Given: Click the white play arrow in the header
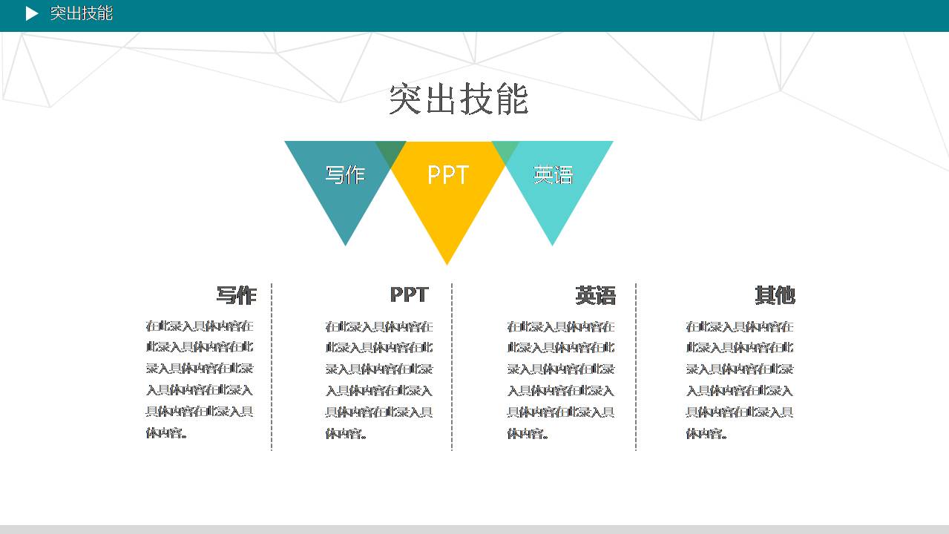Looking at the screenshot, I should (31, 13).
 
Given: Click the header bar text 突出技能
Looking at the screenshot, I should (82, 13).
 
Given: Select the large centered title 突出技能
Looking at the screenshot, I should (459, 99).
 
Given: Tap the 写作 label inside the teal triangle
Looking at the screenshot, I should (345, 175).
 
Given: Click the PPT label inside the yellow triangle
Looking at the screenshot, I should (448, 175).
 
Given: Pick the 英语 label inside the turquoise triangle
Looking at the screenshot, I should (554, 175).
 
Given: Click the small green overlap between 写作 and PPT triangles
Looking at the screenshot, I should (391, 151).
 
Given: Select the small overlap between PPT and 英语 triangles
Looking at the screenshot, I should (505, 151).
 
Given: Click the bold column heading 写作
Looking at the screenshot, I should (236, 295).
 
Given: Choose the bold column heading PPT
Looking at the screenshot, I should (409, 294).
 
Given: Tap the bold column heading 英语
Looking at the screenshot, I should (595, 296).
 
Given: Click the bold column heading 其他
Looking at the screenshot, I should (775, 295).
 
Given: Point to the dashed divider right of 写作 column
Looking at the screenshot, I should (272, 366).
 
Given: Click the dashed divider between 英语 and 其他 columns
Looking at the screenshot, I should (636, 366).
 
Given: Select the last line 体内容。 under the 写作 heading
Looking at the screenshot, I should (167, 432).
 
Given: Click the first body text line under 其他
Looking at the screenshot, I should (739, 326).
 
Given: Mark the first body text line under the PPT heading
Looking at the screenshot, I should (378, 326).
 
